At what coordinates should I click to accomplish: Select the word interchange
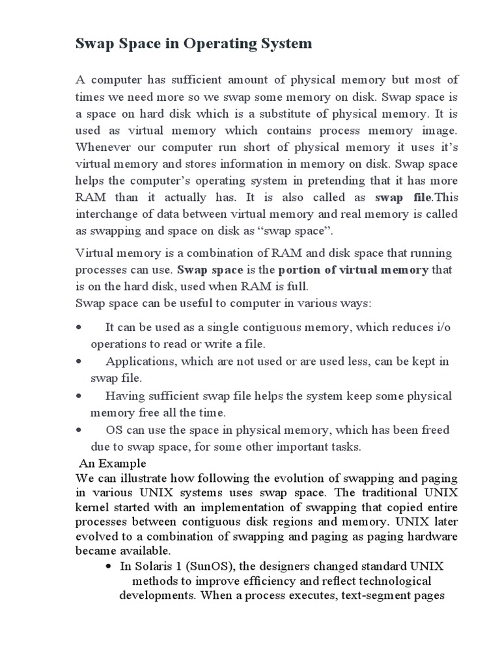point(107,214)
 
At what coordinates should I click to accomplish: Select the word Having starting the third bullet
point(126,396)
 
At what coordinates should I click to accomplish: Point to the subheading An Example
point(113,464)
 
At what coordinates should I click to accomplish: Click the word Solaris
point(152,565)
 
